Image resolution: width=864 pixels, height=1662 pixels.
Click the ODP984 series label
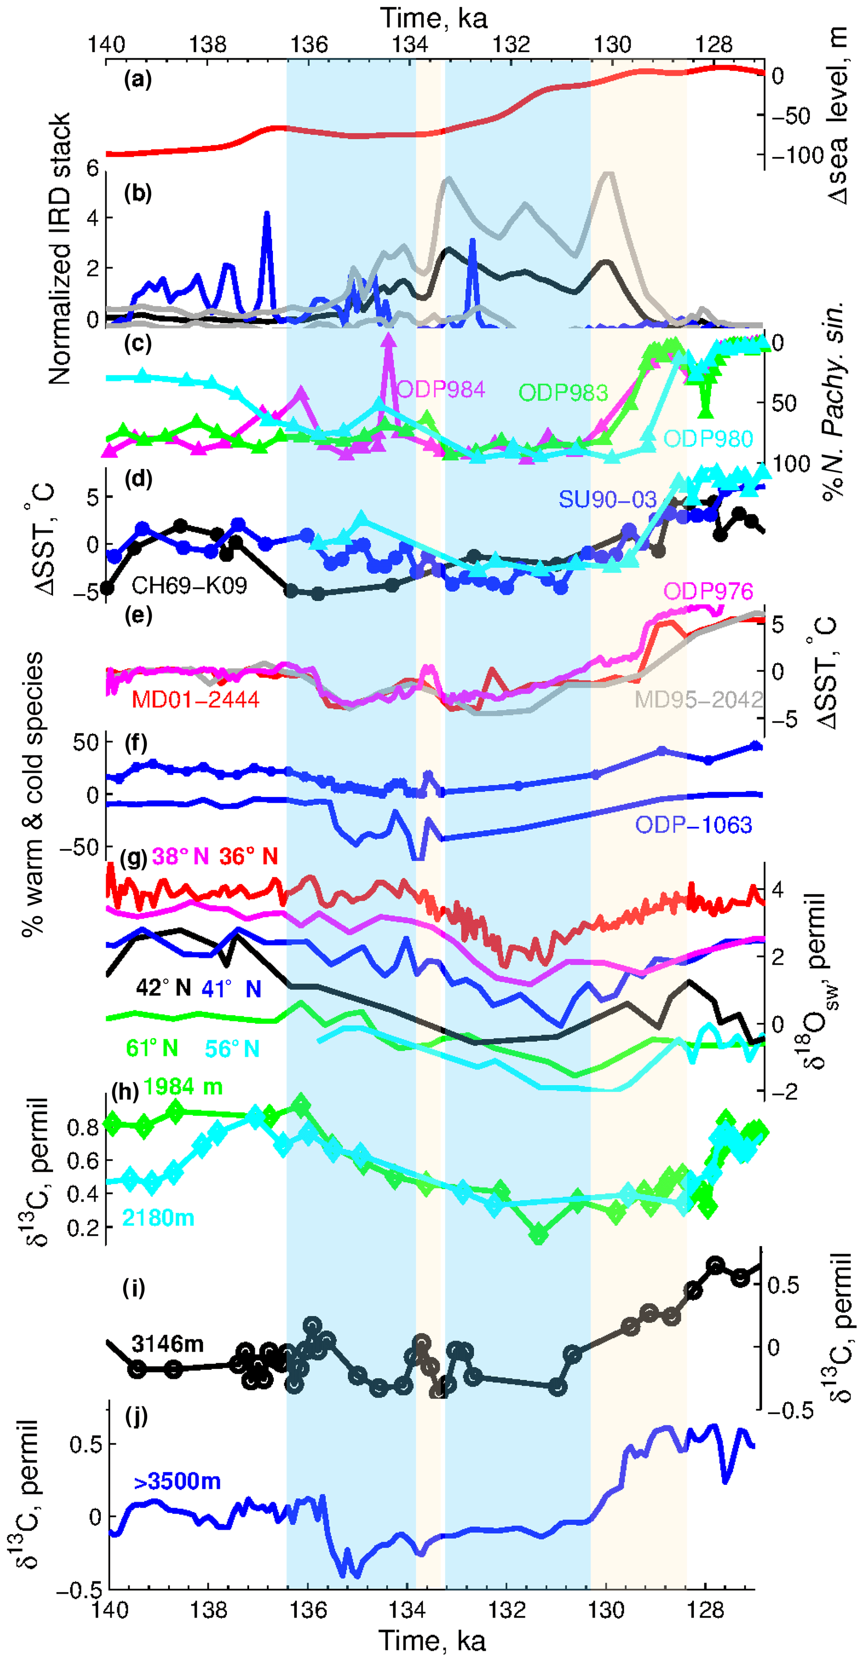click(x=441, y=389)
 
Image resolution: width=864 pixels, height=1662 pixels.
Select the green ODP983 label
click(x=563, y=392)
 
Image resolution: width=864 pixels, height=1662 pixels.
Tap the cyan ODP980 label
click(x=708, y=439)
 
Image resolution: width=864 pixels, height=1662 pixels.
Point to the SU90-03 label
click(x=607, y=499)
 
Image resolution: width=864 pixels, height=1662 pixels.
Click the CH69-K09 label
click(x=189, y=585)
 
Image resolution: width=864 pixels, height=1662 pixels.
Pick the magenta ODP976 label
click(x=708, y=591)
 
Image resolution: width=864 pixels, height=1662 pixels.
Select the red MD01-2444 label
click(x=196, y=700)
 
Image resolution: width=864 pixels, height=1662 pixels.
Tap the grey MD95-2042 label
click(x=699, y=700)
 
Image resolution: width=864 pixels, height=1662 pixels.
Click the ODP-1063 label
click(x=693, y=825)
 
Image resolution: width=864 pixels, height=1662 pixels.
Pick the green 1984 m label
click(x=183, y=1087)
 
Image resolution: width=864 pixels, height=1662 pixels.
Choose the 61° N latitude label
click(x=152, y=1049)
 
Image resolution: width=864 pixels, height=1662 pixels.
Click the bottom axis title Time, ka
click(x=432, y=1641)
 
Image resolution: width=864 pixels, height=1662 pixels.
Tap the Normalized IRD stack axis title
click(x=59, y=248)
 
